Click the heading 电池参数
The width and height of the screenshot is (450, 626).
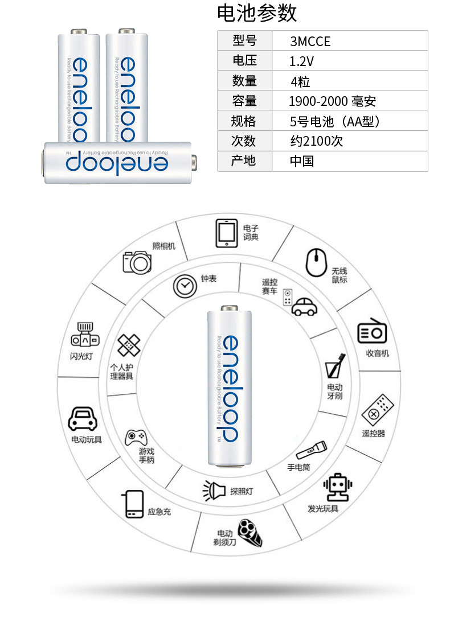(x=257, y=13)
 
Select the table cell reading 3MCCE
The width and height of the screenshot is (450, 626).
(x=310, y=42)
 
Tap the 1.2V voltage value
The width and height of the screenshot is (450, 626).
(x=301, y=61)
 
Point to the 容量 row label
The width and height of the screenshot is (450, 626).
(x=244, y=101)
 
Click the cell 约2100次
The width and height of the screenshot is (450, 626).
(x=317, y=141)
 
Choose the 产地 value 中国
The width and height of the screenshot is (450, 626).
(x=302, y=161)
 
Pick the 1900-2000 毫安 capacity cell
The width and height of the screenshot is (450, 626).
(x=332, y=101)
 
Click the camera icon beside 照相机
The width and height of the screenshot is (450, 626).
(x=137, y=262)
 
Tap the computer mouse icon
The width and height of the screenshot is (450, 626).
(x=316, y=262)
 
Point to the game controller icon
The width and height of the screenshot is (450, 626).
(x=136, y=437)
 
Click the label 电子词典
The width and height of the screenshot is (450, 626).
(x=251, y=232)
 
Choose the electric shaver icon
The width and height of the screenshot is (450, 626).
(x=249, y=532)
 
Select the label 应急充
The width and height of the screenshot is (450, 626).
(x=159, y=512)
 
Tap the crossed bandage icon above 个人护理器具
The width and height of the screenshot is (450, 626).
(x=129, y=345)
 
